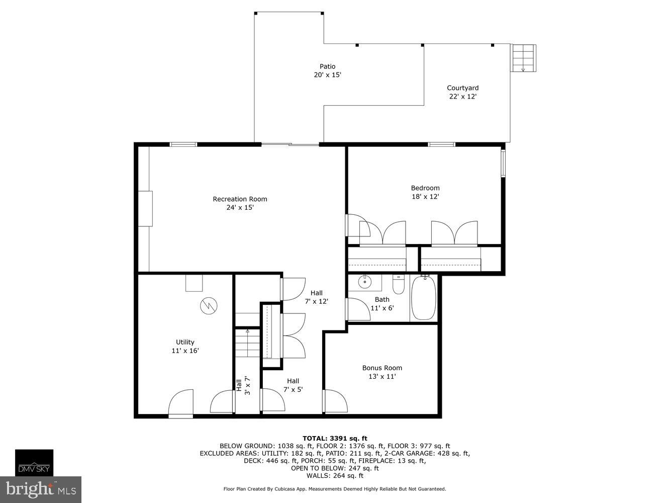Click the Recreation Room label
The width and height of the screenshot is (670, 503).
click(x=240, y=199)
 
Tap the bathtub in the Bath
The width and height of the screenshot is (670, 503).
click(x=424, y=298)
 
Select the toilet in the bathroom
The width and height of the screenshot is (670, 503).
click(x=398, y=285)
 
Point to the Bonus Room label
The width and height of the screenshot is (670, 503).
click(x=382, y=368)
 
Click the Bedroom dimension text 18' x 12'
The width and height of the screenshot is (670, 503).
click(x=425, y=197)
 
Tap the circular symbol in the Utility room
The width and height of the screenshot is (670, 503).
click(x=208, y=305)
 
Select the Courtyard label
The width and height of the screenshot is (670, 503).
click(x=462, y=88)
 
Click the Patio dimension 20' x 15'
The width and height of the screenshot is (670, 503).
click(x=327, y=75)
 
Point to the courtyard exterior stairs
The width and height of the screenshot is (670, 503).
click(x=523, y=57)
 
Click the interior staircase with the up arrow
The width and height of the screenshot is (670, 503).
click(x=247, y=343)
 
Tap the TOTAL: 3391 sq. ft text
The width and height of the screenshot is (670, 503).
click(x=335, y=438)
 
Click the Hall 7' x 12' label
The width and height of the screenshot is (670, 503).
click(x=316, y=297)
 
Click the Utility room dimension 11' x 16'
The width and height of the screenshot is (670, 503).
click(x=185, y=351)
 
